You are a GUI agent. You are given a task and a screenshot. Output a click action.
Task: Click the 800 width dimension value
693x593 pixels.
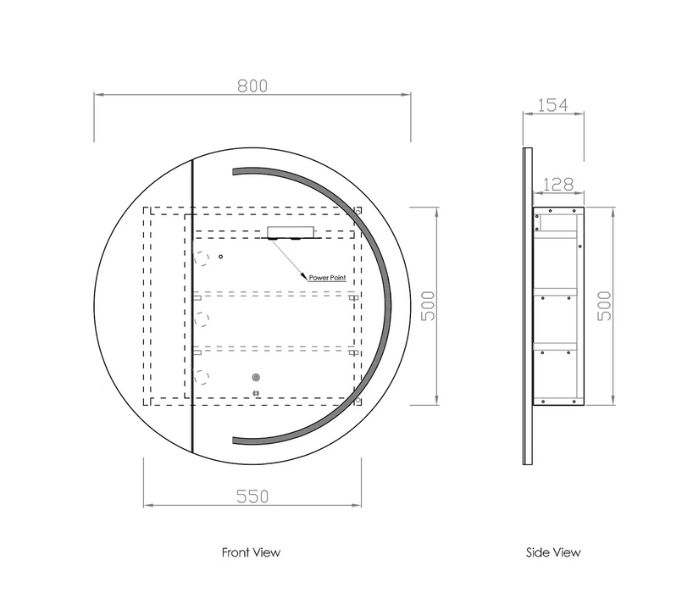(x=252, y=86)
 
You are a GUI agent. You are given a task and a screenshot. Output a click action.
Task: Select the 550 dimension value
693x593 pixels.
(x=252, y=496)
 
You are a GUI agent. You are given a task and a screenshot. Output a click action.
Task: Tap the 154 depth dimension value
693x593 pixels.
(x=552, y=105)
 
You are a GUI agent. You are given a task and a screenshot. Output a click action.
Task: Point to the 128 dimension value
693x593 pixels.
(x=557, y=184)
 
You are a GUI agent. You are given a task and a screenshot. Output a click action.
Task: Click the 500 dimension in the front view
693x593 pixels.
(x=428, y=306)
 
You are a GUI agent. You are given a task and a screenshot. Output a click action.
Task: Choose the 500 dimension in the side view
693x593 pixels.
(x=604, y=306)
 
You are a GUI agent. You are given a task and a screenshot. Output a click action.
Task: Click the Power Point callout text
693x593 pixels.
(x=327, y=278)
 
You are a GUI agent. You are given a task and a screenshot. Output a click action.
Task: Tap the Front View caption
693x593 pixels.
(x=251, y=552)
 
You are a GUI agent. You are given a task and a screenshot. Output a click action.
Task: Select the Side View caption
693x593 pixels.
(x=553, y=552)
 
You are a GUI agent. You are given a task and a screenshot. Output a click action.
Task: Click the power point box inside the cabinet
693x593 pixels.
(x=291, y=232)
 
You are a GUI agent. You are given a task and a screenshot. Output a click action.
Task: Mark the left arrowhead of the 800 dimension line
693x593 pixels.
(x=98, y=94)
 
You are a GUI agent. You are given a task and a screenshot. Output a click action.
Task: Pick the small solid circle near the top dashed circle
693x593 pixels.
(x=220, y=257)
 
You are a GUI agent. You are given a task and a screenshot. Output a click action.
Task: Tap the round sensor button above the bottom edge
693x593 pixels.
(x=256, y=377)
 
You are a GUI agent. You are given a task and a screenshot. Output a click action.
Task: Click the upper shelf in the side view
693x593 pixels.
(x=555, y=292)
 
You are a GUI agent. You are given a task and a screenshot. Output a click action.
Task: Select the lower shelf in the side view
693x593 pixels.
(x=555, y=346)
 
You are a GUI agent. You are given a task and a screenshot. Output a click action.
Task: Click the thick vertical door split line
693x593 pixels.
(x=192, y=306)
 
